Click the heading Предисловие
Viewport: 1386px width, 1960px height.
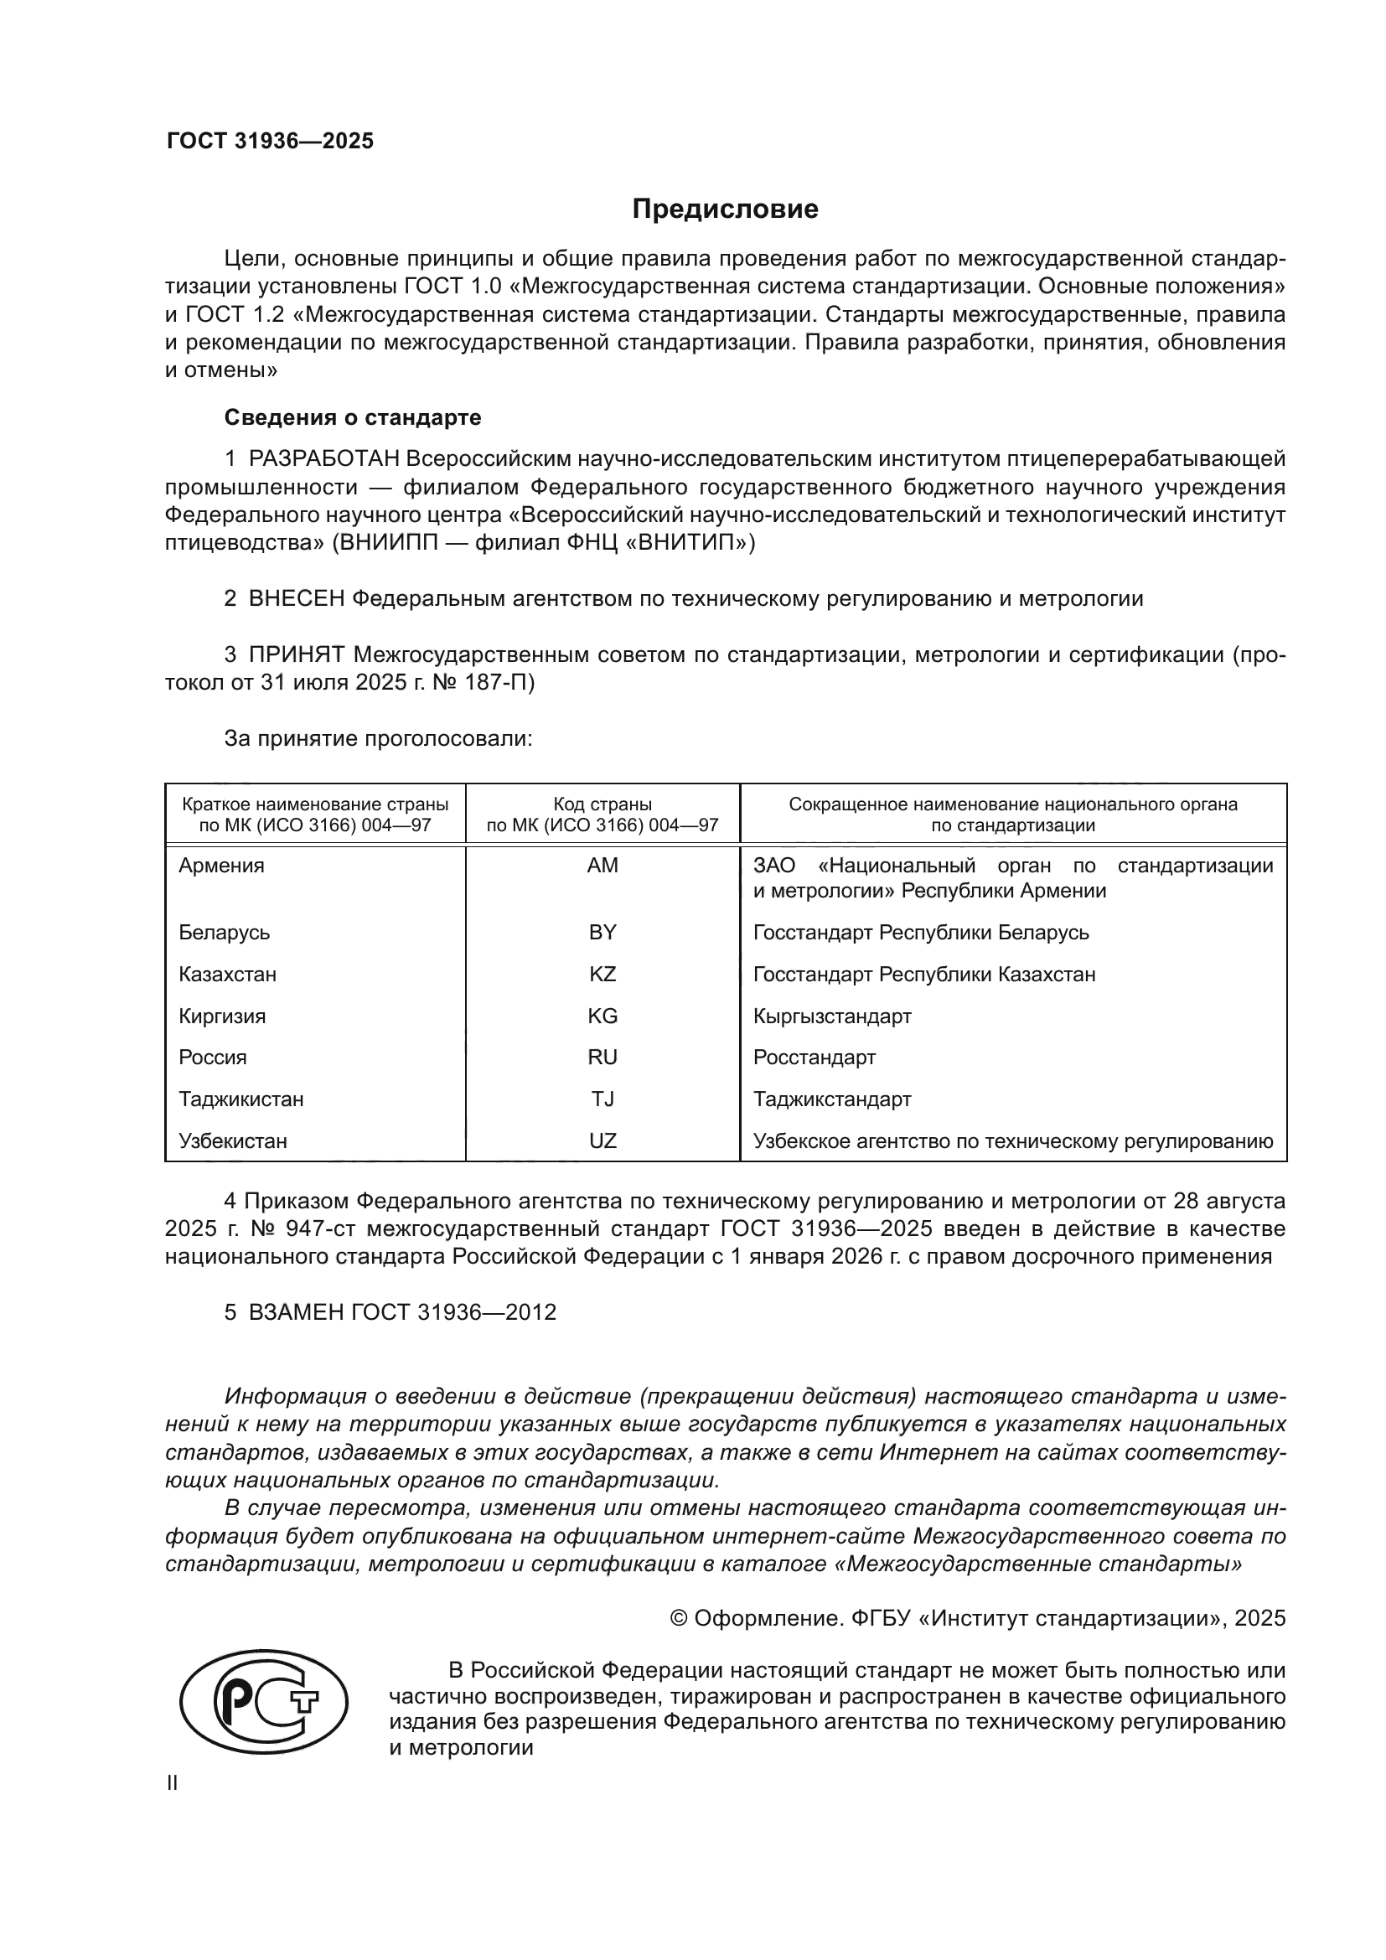(x=725, y=209)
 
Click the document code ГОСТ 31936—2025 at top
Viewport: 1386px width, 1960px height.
(x=270, y=142)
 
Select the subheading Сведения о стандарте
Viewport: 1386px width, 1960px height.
(x=353, y=417)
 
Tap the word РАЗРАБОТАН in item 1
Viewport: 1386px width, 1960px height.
(x=323, y=459)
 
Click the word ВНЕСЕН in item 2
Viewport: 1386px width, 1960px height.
(x=296, y=598)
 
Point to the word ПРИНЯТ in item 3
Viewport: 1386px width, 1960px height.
(x=296, y=654)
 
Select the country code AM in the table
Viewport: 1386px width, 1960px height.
(x=602, y=866)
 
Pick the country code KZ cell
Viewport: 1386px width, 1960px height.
(x=602, y=974)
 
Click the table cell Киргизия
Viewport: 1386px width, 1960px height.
(x=222, y=1016)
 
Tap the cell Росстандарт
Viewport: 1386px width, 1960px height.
(x=815, y=1058)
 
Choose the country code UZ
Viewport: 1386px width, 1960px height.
(x=602, y=1141)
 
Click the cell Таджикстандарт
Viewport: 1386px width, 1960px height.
(x=832, y=1099)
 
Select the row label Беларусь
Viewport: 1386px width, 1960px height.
(x=225, y=932)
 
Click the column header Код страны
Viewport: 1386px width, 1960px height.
(x=602, y=804)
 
